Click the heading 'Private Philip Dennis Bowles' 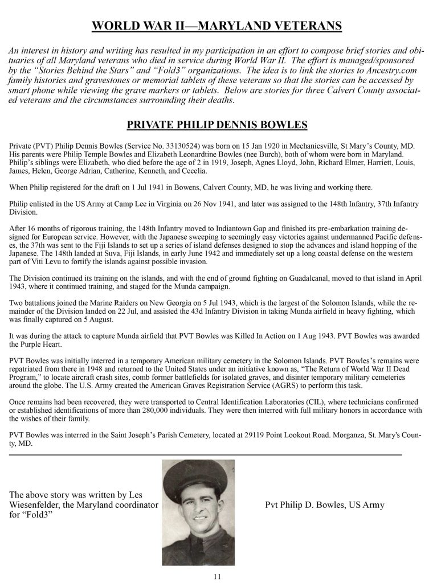(217, 125)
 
